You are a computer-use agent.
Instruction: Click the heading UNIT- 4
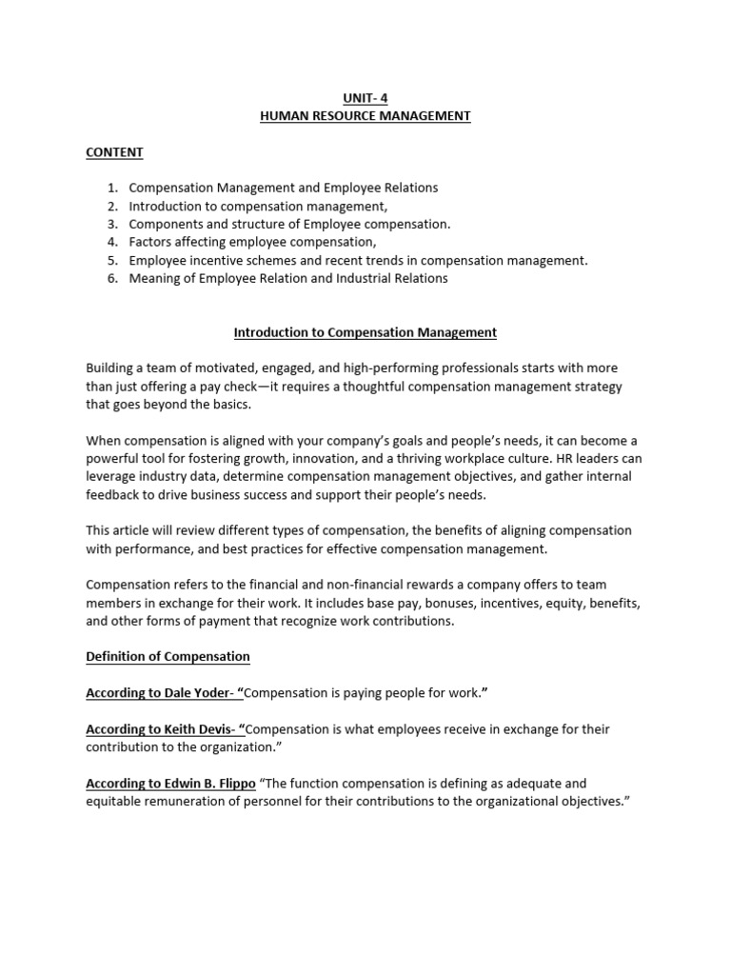[x=365, y=98]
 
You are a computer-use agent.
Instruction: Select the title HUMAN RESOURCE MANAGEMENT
[x=365, y=116]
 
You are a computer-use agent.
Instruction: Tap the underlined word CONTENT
[x=114, y=152]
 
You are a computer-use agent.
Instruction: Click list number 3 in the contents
[x=111, y=225]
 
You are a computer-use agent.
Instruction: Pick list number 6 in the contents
[x=111, y=279]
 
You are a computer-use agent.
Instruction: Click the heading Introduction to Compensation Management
[x=365, y=333]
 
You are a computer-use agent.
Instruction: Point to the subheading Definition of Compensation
[x=168, y=657]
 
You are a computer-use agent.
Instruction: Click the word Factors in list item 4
[x=150, y=243]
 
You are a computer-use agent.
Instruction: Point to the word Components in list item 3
[x=165, y=225]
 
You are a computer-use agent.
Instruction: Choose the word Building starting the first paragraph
[x=109, y=368]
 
